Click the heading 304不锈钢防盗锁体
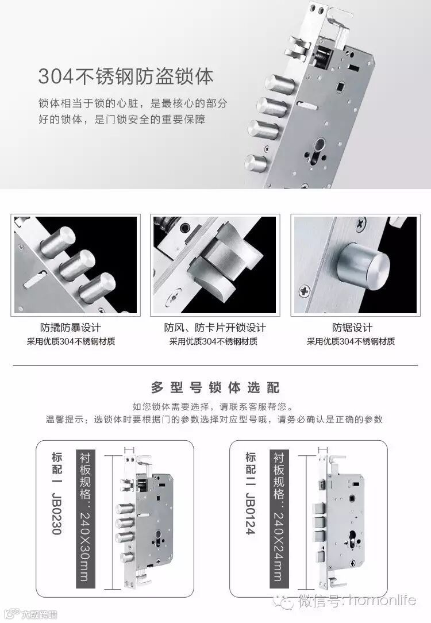(126, 76)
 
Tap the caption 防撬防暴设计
(71, 328)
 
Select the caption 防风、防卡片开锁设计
(215, 328)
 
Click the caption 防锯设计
(352, 328)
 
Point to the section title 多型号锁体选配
(215, 387)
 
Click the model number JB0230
(57, 514)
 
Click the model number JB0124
(251, 514)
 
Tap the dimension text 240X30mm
(86, 547)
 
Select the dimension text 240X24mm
(279, 547)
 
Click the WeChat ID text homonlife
(382, 601)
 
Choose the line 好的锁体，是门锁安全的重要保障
(122, 119)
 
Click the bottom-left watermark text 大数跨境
(39, 614)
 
